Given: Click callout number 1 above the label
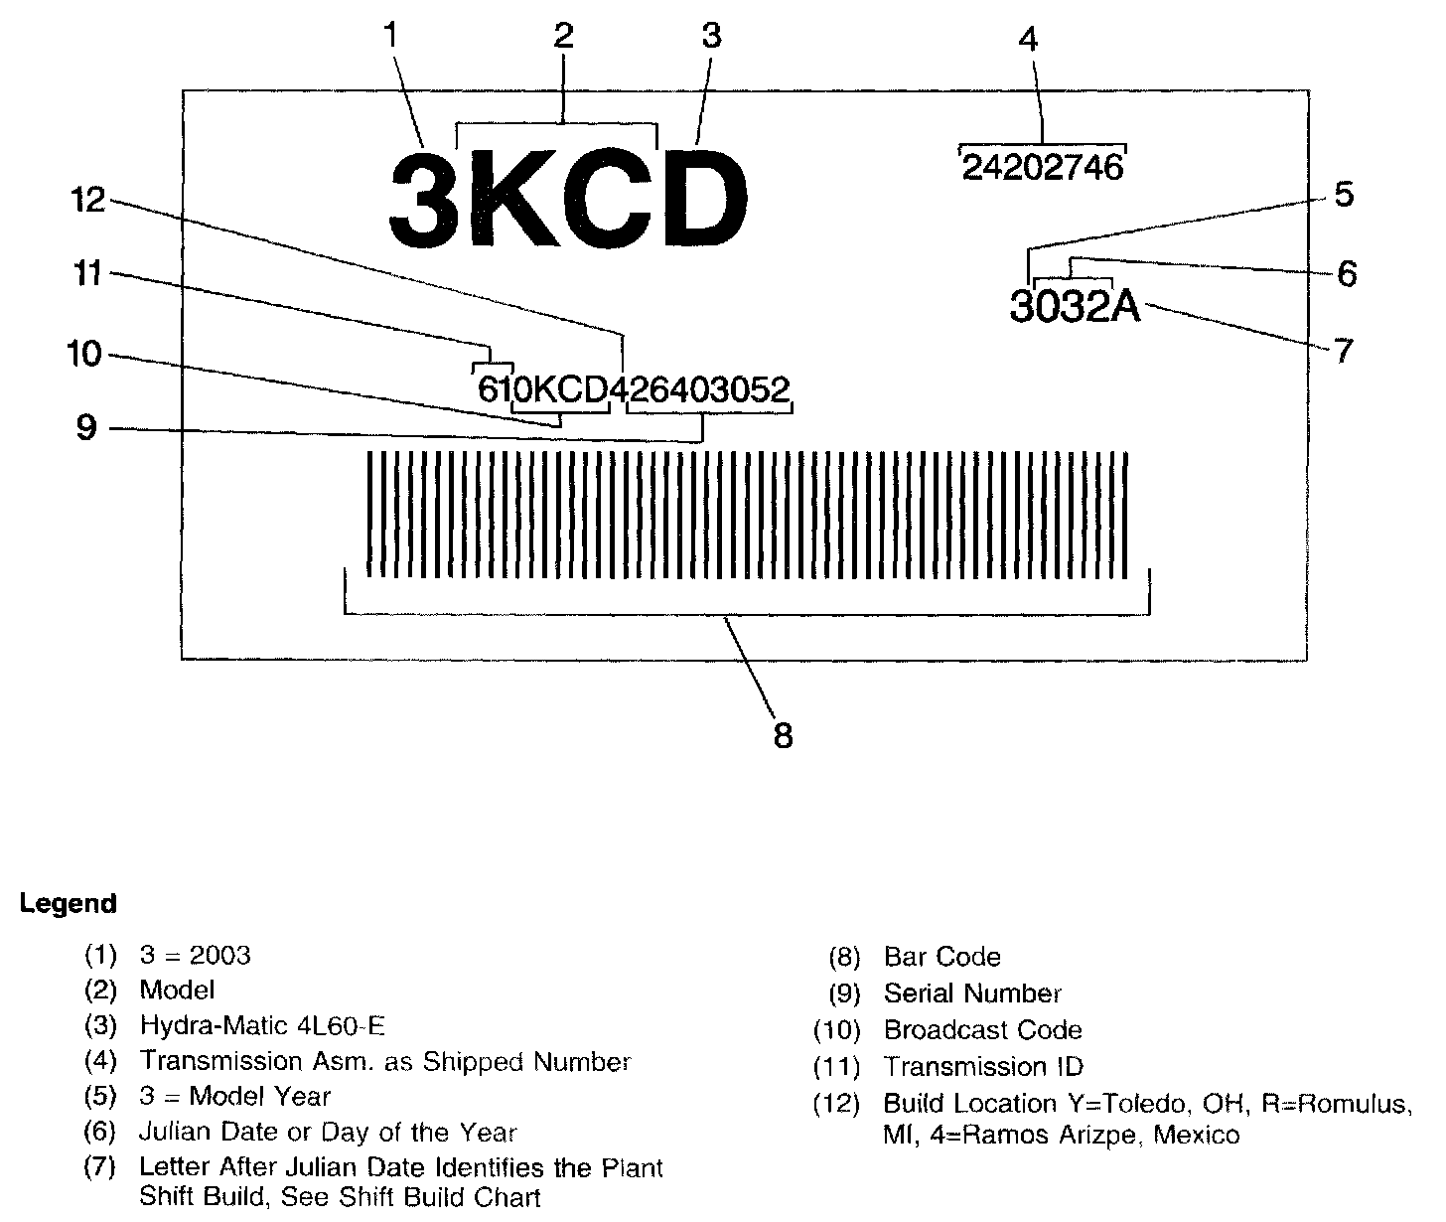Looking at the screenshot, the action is (390, 37).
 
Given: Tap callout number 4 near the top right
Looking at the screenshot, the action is (1028, 41).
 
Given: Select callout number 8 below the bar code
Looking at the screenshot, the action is (783, 736).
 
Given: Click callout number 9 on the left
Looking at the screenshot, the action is (86, 428).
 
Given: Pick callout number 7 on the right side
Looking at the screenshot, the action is (1343, 351).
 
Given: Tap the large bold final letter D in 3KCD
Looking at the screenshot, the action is (703, 198).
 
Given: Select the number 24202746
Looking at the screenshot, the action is (1043, 167).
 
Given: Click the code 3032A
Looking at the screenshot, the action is (1076, 306).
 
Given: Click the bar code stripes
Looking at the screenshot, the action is (747, 514).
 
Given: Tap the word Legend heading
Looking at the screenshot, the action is (68, 904).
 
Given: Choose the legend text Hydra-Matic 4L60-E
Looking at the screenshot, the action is (261, 1025).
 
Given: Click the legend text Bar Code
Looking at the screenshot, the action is (941, 957).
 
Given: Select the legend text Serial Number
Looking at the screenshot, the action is (972, 993).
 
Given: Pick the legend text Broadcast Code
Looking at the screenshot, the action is (982, 1030).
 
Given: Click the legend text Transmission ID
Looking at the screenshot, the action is (983, 1067).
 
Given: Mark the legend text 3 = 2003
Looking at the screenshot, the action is (195, 956).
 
